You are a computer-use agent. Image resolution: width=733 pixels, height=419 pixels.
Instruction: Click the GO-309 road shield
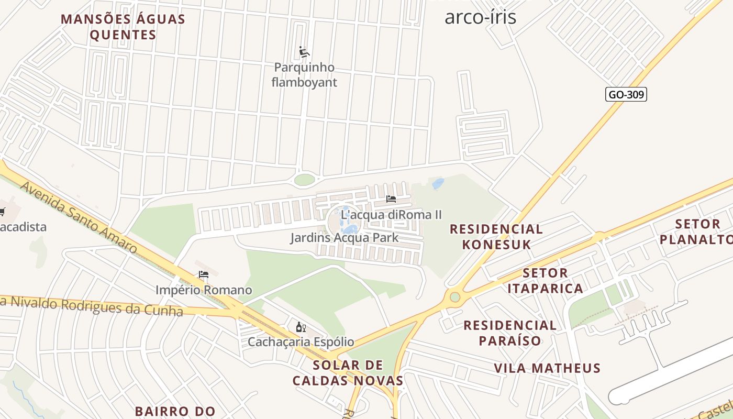point(626,95)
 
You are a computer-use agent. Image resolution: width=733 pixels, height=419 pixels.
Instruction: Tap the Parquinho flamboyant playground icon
point(304,52)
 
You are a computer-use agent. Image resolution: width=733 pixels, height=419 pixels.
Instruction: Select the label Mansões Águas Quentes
point(123,27)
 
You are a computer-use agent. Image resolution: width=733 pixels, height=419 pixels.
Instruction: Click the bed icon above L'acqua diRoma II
point(391,199)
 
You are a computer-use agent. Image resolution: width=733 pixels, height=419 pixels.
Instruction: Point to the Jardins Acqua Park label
point(344,238)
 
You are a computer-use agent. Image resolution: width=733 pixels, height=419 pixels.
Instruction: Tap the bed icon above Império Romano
point(204,274)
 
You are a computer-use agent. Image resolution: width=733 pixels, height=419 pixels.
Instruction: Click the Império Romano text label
point(204,290)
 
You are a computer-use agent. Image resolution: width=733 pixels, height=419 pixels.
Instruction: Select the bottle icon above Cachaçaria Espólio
point(301,327)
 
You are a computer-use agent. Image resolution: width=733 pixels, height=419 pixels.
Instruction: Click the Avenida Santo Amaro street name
point(79,217)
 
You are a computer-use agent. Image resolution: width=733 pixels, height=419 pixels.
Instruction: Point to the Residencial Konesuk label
point(496,237)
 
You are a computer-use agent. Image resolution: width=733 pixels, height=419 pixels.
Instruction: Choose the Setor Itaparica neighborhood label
point(545,281)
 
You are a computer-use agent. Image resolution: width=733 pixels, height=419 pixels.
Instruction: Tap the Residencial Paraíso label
point(510,333)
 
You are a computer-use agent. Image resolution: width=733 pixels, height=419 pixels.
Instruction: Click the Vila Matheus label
point(547,368)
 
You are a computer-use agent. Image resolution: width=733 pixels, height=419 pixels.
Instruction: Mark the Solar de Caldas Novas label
point(348,373)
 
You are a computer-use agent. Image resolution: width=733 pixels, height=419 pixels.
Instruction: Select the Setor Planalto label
point(695,232)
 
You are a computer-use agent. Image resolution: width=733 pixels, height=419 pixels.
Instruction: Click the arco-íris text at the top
point(480,17)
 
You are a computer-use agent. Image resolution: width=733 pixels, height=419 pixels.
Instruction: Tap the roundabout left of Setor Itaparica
point(454,297)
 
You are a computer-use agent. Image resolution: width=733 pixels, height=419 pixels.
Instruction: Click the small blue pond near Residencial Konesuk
point(438,183)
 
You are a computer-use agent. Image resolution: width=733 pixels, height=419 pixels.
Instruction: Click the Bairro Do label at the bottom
point(175,411)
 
